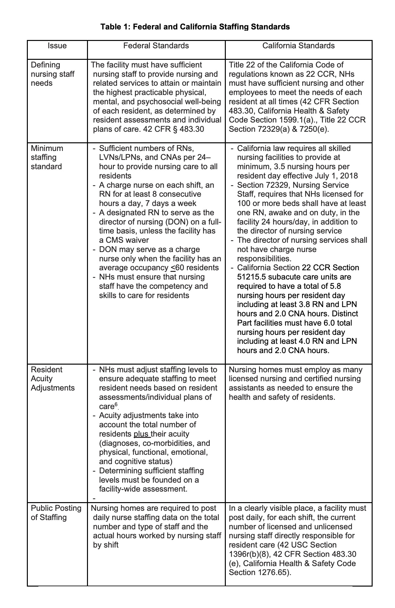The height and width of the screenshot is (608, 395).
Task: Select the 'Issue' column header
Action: (57, 46)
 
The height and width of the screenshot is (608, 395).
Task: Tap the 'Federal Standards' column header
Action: (156, 46)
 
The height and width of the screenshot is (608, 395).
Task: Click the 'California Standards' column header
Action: (298, 46)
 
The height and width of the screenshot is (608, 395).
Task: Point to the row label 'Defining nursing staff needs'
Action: (52, 74)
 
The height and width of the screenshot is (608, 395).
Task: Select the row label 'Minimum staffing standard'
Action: (47, 157)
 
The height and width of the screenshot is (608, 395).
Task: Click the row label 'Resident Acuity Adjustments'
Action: (52, 379)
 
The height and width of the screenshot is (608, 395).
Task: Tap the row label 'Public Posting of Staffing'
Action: (56, 513)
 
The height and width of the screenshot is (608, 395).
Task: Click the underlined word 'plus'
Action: (141, 434)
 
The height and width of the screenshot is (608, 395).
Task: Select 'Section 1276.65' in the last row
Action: (259, 572)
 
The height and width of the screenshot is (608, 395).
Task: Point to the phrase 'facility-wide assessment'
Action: (142, 489)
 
